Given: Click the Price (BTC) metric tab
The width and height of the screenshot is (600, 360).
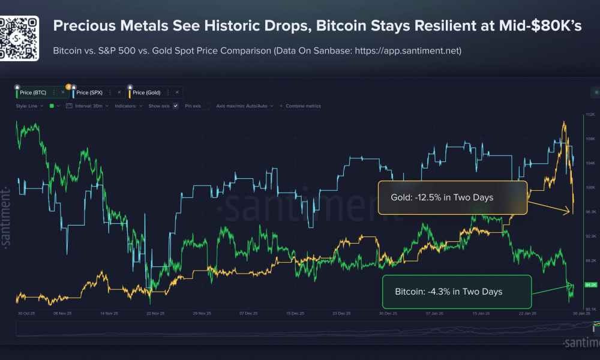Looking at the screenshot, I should click(x=33, y=92).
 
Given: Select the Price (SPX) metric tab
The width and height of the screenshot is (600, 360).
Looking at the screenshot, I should click(x=90, y=92).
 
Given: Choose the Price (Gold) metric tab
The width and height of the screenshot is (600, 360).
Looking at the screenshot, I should click(x=147, y=92).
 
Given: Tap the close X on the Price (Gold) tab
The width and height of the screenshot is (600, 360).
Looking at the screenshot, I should click(x=177, y=92).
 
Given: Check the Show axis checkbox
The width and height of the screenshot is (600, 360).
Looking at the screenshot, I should click(x=175, y=106).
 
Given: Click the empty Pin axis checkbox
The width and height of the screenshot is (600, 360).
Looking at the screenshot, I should click(x=207, y=106).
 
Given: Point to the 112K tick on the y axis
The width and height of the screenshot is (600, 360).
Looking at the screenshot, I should click(x=589, y=114).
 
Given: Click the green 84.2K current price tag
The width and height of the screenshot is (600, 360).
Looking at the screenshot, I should click(x=589, y=284).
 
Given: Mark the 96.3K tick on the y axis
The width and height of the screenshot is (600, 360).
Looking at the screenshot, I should click(x=589, y=212).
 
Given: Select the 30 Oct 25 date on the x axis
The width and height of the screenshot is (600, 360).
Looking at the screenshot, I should click(x=27, y=313).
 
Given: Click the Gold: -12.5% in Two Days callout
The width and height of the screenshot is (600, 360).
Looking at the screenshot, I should click(x=452, y=198).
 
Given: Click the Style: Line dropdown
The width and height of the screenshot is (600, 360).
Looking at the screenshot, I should click(x=30, y=106).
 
